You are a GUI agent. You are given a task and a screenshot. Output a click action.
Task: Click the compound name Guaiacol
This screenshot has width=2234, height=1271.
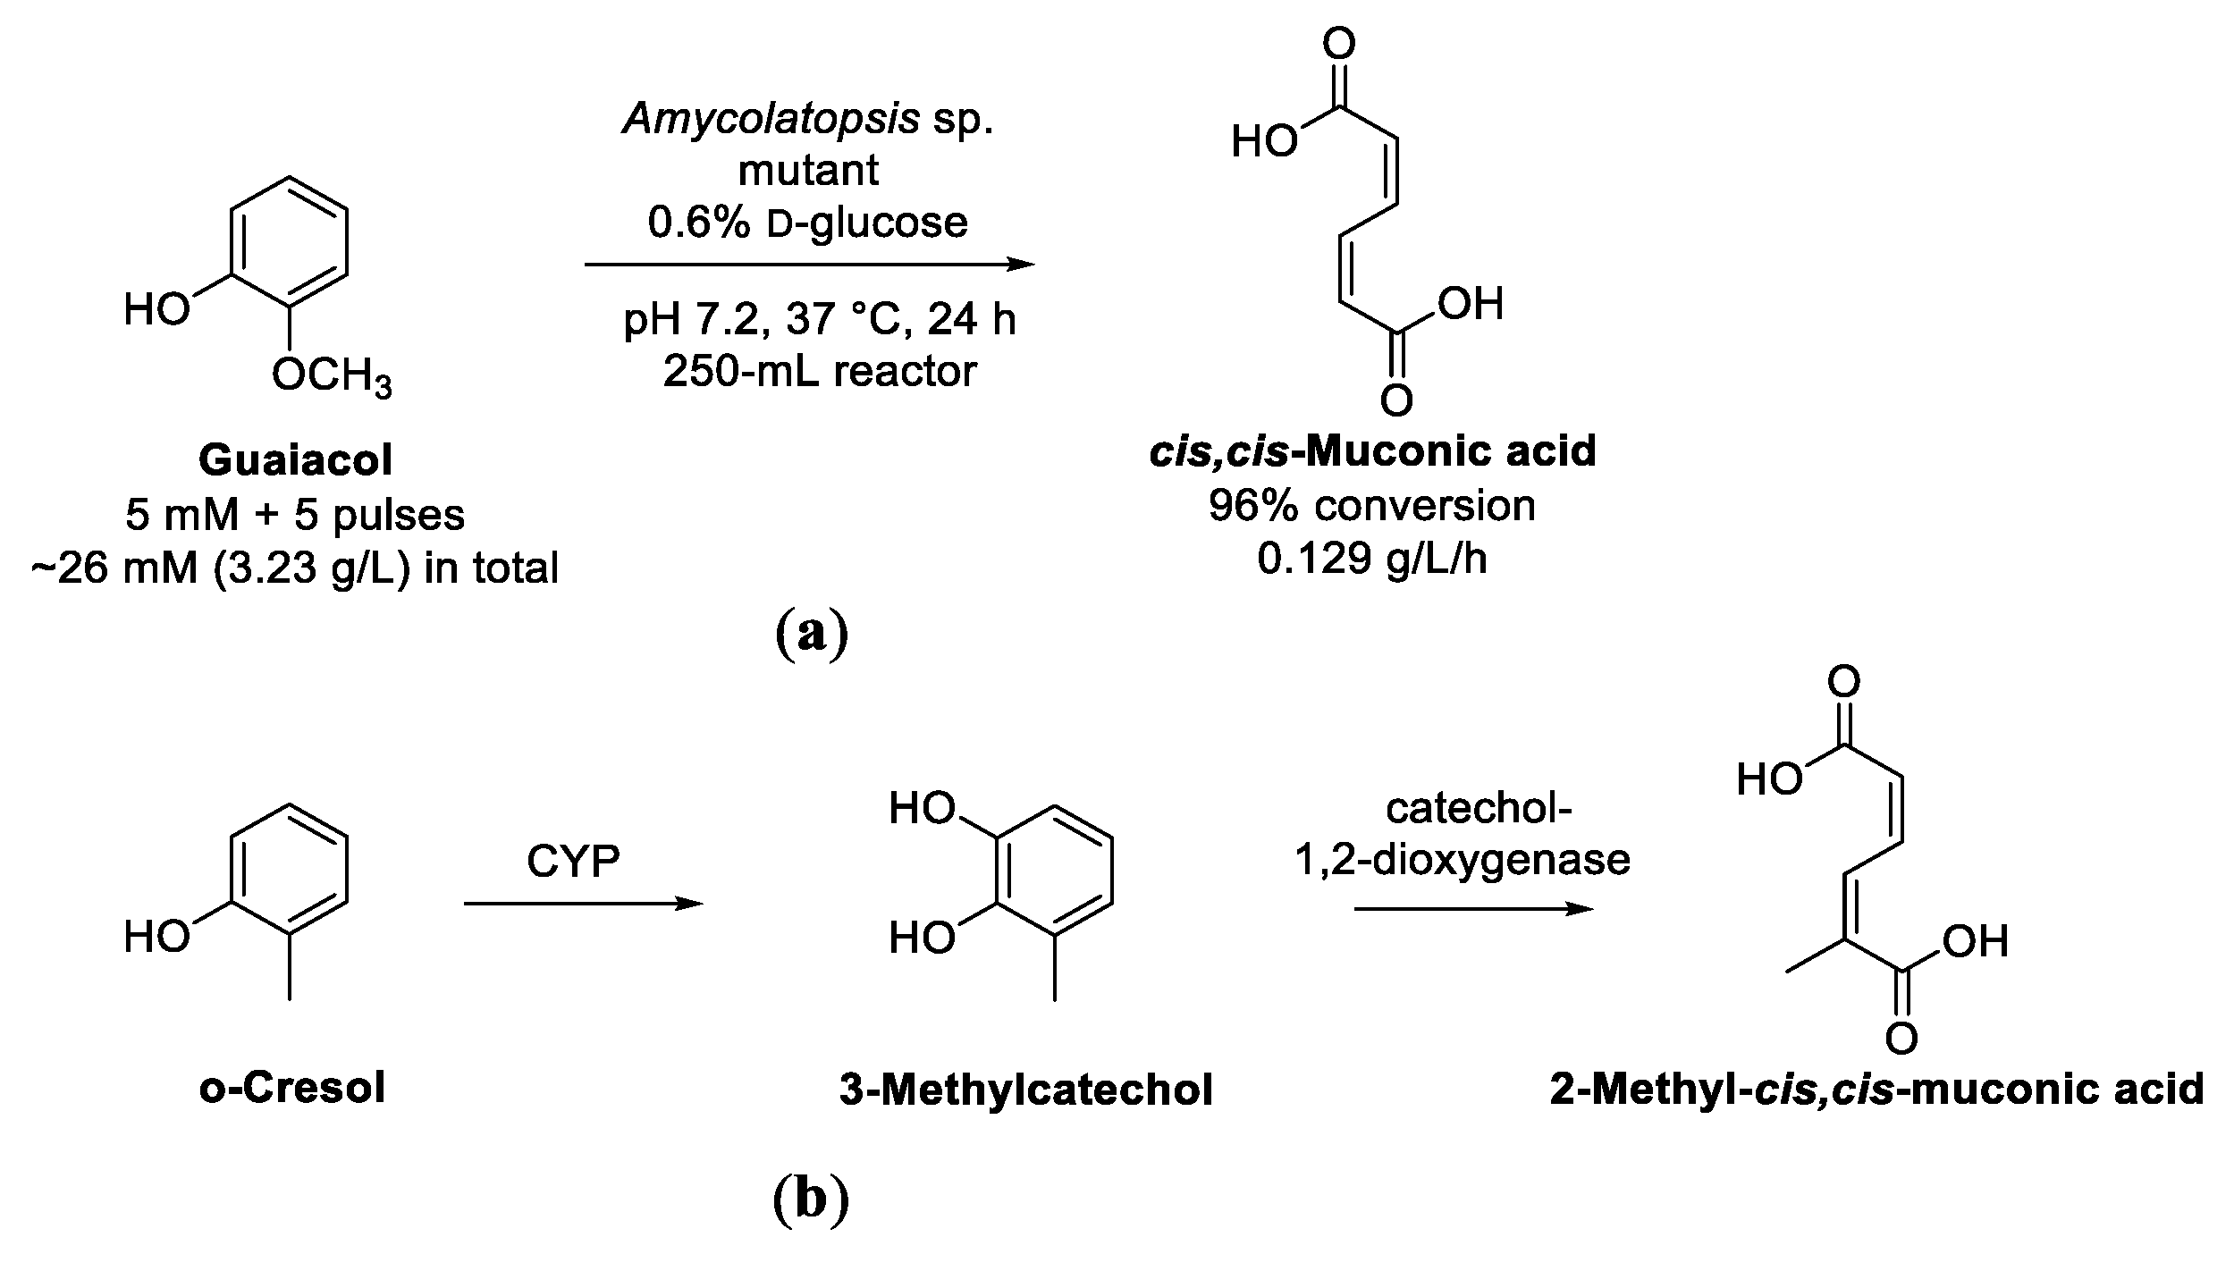(295, 461)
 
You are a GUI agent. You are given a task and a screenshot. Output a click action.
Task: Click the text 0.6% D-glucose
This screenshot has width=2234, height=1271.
(807, 223)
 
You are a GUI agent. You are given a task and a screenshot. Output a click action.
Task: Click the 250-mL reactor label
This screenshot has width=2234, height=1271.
(819, 371)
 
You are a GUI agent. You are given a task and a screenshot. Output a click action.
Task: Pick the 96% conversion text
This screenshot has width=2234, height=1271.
(1372, 506)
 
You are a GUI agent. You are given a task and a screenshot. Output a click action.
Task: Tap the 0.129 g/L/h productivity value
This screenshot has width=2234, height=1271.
(1372, 559)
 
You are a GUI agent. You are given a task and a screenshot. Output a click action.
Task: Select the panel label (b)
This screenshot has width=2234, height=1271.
(810, 1199)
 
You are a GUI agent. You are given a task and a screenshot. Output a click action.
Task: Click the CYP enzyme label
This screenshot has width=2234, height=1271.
(573, 862)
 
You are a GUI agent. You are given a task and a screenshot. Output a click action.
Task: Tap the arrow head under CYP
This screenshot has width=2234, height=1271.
(689, 905)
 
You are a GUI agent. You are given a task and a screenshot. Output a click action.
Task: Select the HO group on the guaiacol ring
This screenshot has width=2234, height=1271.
(157, 310)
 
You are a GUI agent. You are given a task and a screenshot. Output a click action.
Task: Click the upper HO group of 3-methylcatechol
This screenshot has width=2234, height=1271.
(922, 810)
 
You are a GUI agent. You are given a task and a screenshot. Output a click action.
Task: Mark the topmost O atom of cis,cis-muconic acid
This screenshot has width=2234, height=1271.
(1338, 43)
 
